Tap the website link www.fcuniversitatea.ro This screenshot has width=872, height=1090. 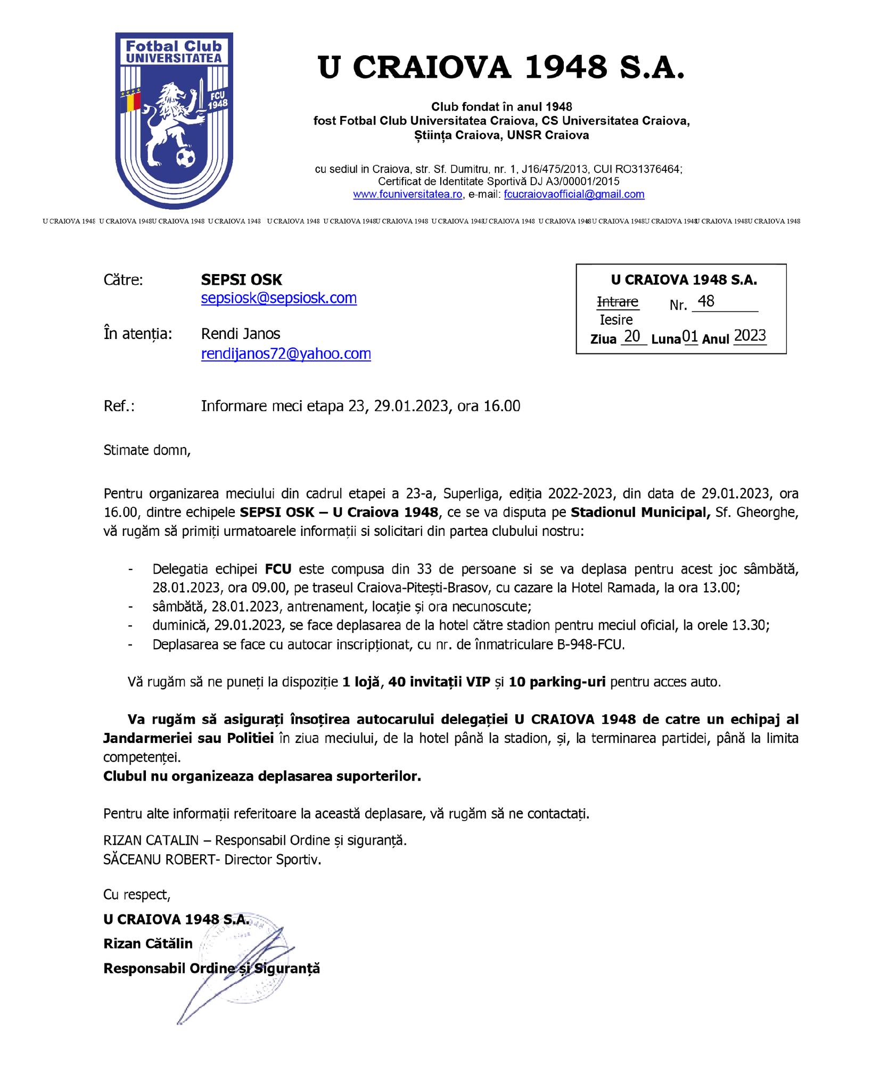[408, 195]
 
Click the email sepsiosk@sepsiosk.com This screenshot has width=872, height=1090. [278, 298]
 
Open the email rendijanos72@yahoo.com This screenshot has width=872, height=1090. [286, 354]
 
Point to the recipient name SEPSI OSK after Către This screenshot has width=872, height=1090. [242, 280]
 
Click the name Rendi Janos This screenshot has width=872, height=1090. [241, 334]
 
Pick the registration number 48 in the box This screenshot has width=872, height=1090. [706, 302]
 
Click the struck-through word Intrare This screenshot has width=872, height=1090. [618, 302]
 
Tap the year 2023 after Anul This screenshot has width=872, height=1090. [750, 336]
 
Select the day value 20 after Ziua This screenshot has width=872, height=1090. [632, 337]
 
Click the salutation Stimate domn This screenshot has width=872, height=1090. [146, 450]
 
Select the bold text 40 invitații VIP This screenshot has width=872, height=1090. [439, 682]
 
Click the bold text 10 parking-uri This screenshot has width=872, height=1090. [557, 682]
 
